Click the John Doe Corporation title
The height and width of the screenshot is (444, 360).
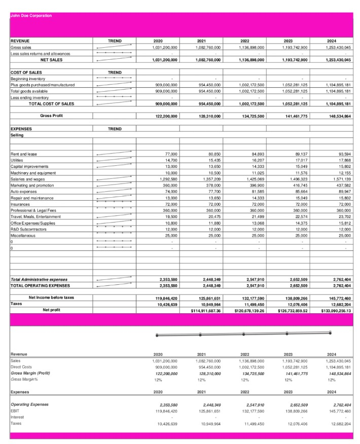(31, 16)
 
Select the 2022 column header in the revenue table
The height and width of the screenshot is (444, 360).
(244, 41)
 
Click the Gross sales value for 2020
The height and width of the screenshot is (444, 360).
(165, 47)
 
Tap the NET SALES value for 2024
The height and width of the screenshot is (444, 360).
(339, 59)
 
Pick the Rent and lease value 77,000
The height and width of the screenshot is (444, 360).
(171, 154)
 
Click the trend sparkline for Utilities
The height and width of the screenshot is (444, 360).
(114, 160)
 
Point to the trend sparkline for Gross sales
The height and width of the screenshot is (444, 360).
(114, 47)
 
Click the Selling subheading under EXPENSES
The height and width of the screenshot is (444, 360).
(17, 135)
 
